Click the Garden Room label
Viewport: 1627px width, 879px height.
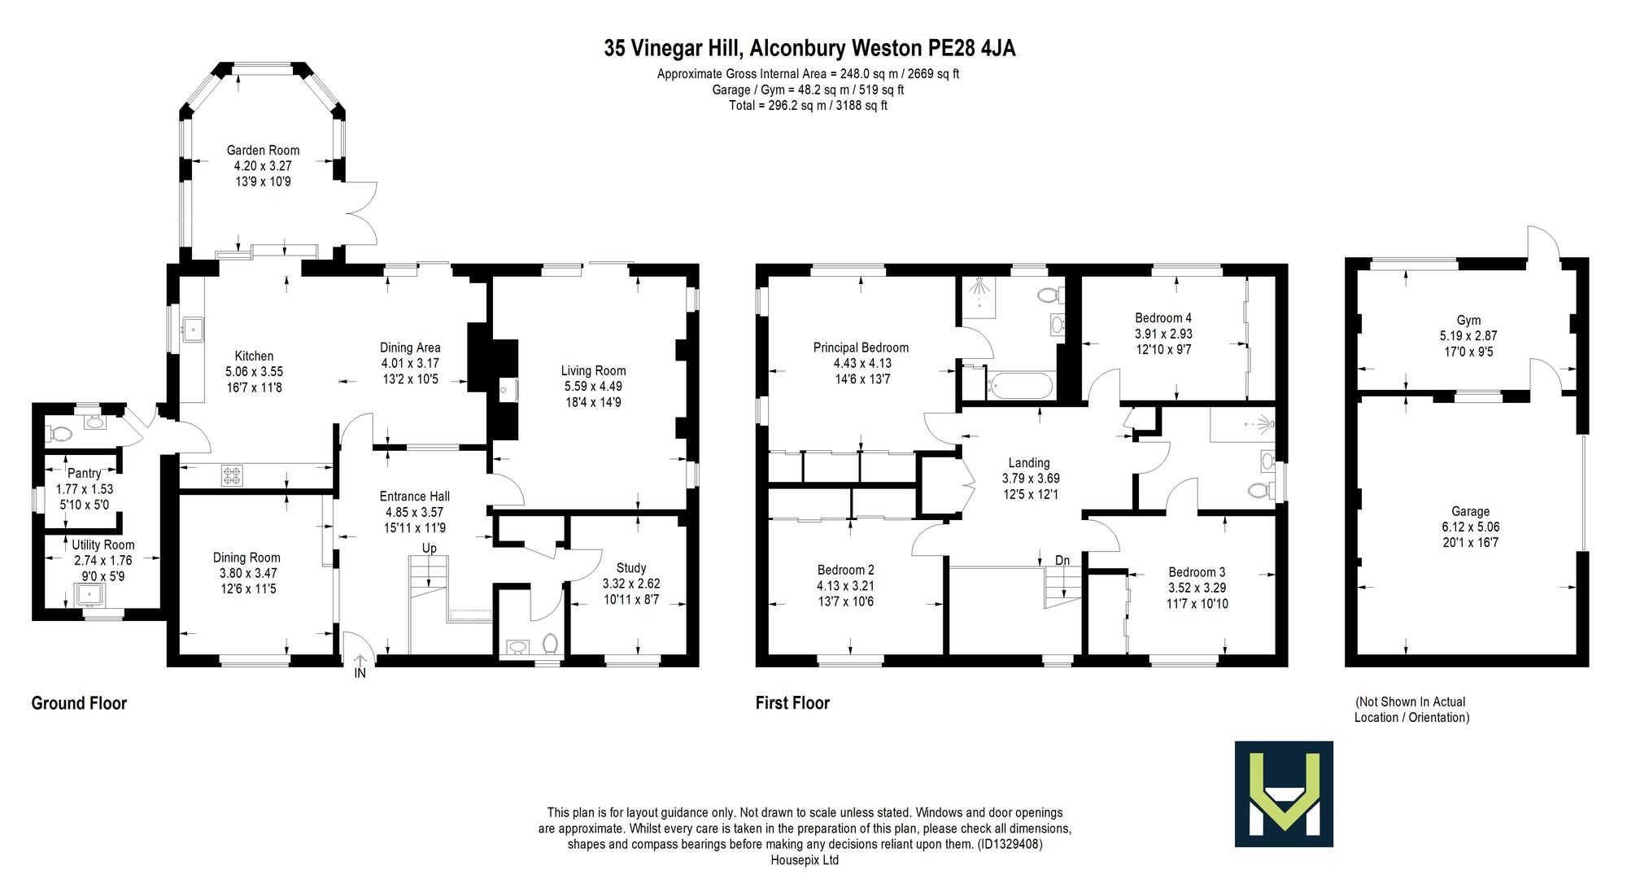coord(263,150)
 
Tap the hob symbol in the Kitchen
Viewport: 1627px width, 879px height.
coord(232,475)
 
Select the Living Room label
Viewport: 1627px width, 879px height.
coord(593,370)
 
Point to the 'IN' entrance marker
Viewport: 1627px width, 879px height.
coord(360,673)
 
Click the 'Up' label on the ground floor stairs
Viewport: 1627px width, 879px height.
coord(430,548)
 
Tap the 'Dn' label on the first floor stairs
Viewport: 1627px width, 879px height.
coord(1062,560)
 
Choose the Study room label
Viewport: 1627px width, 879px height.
coord(631,568)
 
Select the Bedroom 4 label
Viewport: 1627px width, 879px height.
coord(1163,317)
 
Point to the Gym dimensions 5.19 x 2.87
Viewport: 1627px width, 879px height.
coord(1468,335)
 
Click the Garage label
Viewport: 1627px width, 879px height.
coord(1471,511)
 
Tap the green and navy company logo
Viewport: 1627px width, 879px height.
coord(1284,794)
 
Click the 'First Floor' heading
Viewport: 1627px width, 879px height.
coord(792,702)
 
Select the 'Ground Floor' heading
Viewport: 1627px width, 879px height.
coord(79,702)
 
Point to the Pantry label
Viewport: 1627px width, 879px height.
coord(85,473)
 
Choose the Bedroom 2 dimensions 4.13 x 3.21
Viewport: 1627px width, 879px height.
coord(846,585)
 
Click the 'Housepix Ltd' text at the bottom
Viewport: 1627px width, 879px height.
coord(805,859)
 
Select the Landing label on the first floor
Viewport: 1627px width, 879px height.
coord(1029,462)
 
